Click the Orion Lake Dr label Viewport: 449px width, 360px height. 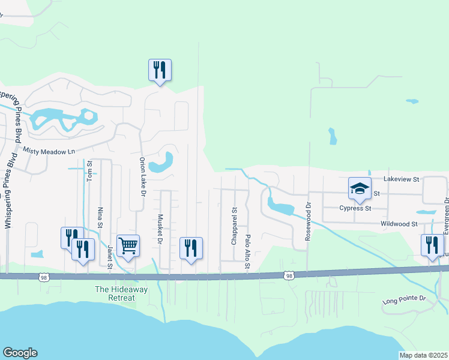pos(143,177)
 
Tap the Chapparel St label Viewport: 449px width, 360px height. pos(235,226)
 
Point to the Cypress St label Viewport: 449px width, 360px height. pos(356,208)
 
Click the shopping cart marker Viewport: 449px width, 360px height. pos(128,245)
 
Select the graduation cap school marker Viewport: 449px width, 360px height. pos(359,188)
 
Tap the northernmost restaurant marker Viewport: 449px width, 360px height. pos(160,70)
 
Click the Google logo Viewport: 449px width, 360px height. pos(20,353)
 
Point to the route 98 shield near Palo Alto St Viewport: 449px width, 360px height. pos(289,275)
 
